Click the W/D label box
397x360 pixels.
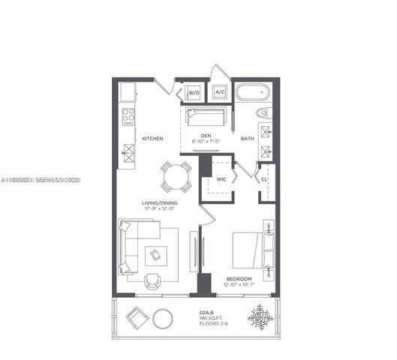point(194,93)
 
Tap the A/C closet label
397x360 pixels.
point(220,92)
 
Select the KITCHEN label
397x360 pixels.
point(153,139)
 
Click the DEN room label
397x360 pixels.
point(206,136)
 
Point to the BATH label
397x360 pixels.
point(247,139)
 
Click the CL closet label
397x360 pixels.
point(265,179)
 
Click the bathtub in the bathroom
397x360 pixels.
point(254,94)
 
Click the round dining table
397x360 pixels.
point(176,177)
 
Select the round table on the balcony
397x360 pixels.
point(162,318)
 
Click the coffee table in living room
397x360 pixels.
point(156,255)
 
